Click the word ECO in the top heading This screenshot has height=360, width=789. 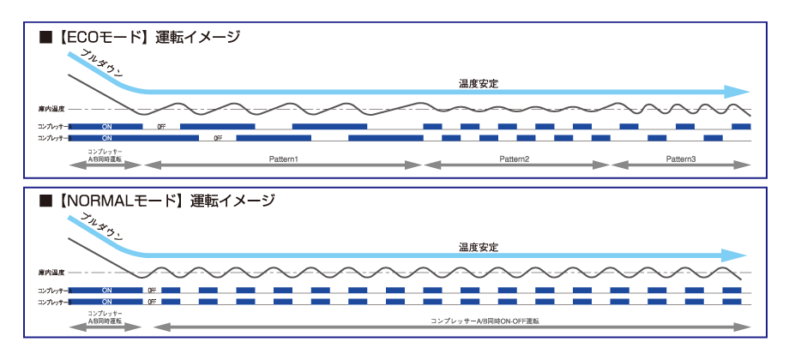pyautogui.click(x=84, y=38)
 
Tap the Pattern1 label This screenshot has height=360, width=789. pyautogui.click(x=282, y=160)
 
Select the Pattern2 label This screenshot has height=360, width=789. pyautogui.click(x=515, y=160)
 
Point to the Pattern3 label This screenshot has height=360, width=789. pyautogui.click(x=681, y=160)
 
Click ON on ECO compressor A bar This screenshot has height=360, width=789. pyautogui.click(x=106, y=126)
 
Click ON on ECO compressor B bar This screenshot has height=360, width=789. pyautogui.click(x=106, y=137)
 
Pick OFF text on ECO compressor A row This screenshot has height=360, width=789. pyautogui.click(x=161, y=126)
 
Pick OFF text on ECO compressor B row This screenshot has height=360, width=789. pyautogui.click(x=218, y=137)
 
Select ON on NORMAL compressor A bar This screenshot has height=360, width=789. pyautogui.click(x=106, y=290)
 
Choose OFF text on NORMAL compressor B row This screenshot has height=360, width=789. pyautogui.click(x=152, y=302)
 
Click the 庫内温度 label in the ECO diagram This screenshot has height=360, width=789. pyautogui.click(x=51, y=110)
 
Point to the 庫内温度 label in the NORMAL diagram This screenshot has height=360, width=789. pyautogui.click(x=51, y=273)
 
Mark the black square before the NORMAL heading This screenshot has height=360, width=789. pyautogui.click(x=46, y=201)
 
